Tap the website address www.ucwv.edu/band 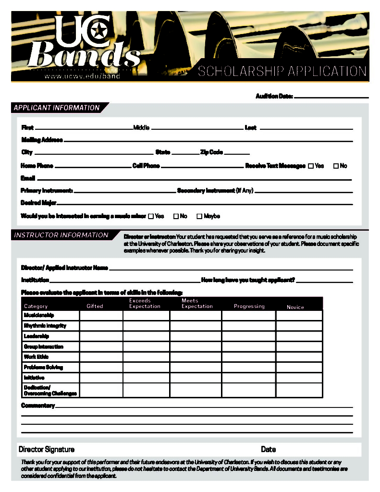coord(82,76)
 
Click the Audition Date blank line coord(331,98)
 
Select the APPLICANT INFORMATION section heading coord(57,108)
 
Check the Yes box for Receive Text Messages coord(311,166)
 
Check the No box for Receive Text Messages coord(336,166)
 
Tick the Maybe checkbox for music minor coord(199,216)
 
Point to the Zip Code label coord(211,152)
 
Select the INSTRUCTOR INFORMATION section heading coord(61,235)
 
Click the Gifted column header coord(95,306)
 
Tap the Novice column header coord(295,307)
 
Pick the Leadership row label coord(37,336)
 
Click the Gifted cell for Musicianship coord(101,315)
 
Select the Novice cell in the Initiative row coord(299,378)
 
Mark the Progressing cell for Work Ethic coord(248,357)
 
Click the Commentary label coord(38,406)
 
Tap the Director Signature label coord(47,450)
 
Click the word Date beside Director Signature coord(268,450)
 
